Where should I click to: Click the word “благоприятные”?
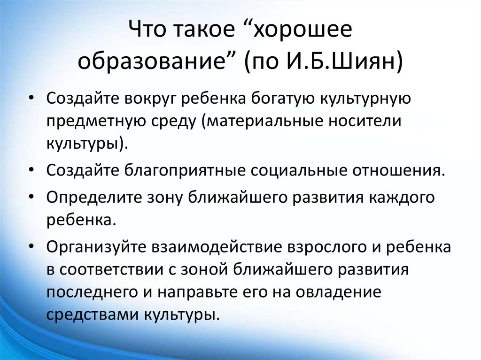click(186, 169)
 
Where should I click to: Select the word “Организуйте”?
click(97, 248)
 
